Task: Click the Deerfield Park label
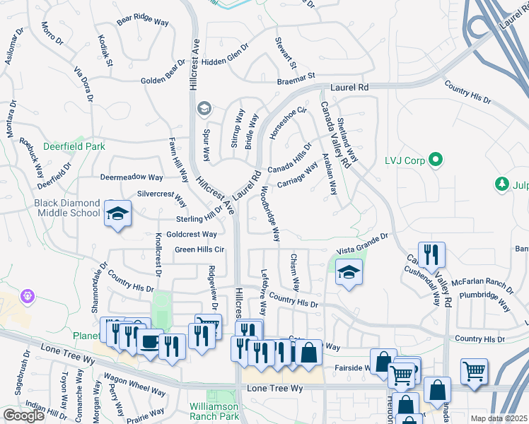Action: click(83, 146)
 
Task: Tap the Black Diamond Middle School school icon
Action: click(118, 213)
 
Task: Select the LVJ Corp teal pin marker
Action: click(436, 160)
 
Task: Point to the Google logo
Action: click(23, 416)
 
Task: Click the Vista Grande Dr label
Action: click(363, 245)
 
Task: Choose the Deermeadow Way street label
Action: click(132, 177)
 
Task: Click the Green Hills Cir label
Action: click(199, 249)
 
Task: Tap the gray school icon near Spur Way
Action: click(204, 107)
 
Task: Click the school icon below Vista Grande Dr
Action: click(349, 271)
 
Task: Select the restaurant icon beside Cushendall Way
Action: click(430, 254)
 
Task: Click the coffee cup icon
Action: click(150, 343)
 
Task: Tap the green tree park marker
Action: click(503, 184)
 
